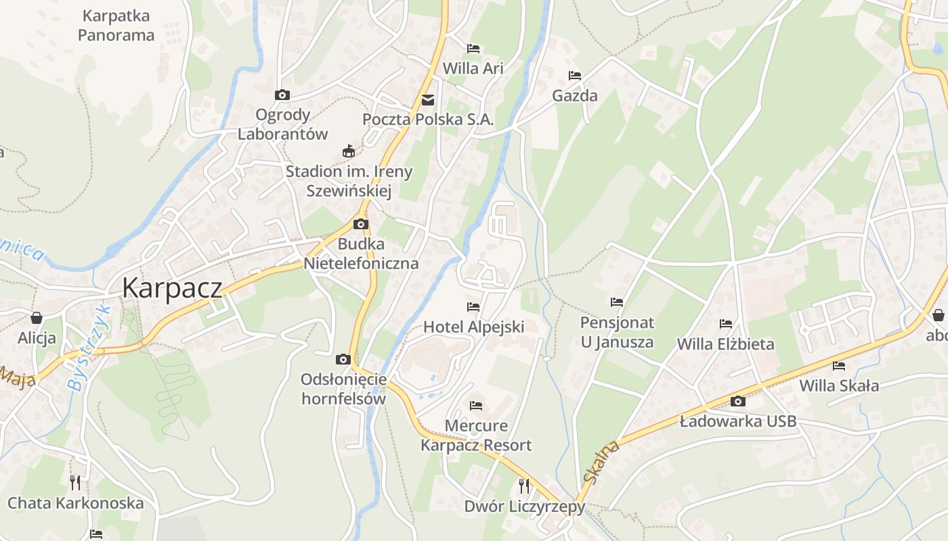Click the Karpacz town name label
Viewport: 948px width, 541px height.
point(172,289)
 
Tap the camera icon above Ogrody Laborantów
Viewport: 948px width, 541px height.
point(282,95)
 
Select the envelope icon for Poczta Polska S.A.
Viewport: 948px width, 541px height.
point(428,100)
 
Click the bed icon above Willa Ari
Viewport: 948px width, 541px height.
point(473,49)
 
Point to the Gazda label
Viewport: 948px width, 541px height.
point(575,95)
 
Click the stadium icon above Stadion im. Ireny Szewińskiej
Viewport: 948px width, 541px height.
point(349,151)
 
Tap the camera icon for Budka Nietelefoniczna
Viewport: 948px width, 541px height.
point(361,224)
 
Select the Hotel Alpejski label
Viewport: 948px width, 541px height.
point(474,327)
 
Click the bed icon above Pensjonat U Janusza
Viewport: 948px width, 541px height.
point(617,302)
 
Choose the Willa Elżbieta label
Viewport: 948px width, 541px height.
point(726,344)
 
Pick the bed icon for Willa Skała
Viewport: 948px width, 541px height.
point(839,366)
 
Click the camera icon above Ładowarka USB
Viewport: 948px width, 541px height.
point(738,402)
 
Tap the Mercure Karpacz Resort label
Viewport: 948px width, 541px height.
point(476,436)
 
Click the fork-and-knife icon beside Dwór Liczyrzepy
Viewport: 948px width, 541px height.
point(523,486)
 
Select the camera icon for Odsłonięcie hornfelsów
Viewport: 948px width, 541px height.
point(343,359)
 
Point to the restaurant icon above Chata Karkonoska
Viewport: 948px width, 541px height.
point(75,482)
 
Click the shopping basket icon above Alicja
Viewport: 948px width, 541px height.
point(37,317)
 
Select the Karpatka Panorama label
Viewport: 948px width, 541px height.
point(116,25)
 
